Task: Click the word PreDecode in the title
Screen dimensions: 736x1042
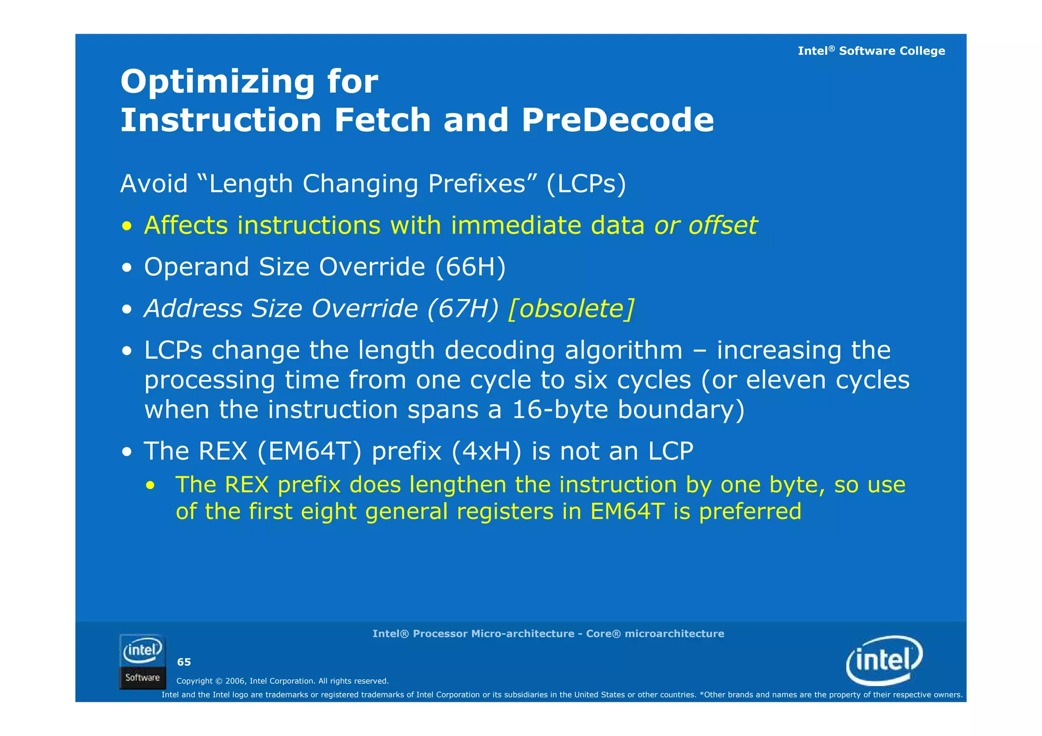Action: pos(617,120)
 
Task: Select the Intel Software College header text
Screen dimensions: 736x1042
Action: pos(871,51)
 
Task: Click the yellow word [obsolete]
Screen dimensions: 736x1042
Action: pos(571,308)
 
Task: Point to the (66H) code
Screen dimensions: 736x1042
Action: pos(470,267)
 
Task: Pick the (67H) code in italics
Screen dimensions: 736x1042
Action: pos(462,308)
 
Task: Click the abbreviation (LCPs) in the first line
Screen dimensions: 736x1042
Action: pos(586,184)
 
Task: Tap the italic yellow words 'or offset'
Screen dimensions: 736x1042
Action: pos(705,225)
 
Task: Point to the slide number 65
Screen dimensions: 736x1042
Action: pos(184,662)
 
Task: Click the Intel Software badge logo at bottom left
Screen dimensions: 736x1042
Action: pos(142,661)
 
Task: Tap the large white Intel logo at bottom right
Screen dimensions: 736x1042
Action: pos(884,660)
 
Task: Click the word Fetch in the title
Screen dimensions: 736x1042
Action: pos(383,120)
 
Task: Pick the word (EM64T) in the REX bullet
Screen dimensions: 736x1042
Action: pos(309,451)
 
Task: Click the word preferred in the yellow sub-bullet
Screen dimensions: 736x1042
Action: pos(750,511)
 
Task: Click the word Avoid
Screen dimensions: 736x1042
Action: pos(154,184)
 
